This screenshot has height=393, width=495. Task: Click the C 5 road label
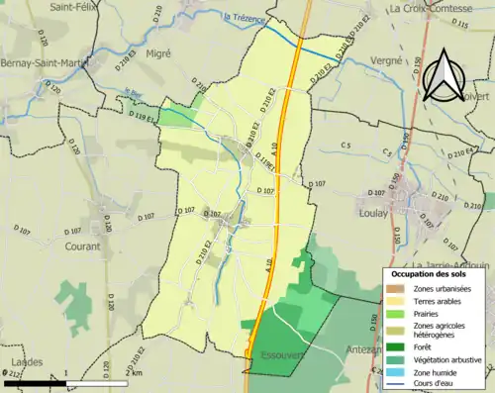coord(345,147)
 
